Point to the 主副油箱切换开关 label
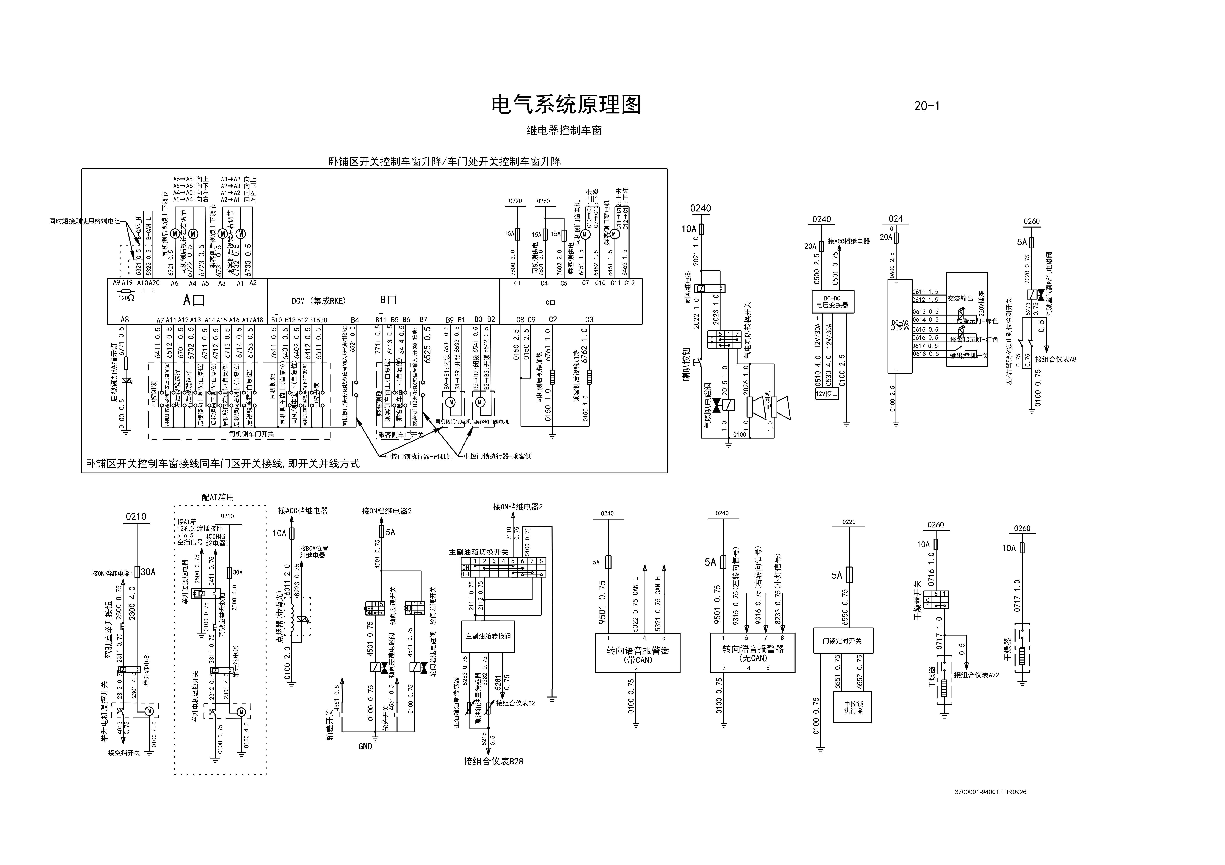(478, 552)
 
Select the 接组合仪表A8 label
(1055, 359)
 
